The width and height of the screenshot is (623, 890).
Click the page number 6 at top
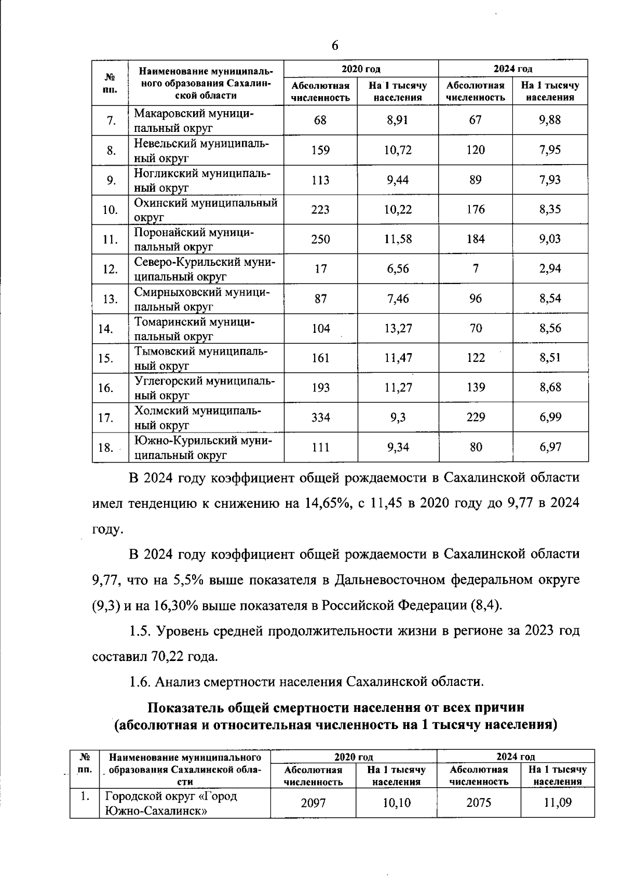click(x=335, y=46)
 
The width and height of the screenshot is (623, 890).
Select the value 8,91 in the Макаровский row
click(x=397, y=120)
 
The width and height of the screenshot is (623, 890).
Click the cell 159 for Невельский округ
click(x=320, y=150)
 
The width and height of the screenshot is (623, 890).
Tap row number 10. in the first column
click(x=110, y=210)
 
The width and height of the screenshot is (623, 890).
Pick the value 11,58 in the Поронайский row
click(x=397, y=239)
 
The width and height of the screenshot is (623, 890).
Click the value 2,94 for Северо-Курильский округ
click(x=550, y=269)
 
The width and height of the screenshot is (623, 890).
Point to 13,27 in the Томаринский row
click(x=397, y=328)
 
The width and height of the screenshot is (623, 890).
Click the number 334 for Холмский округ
click(x=320, y=417)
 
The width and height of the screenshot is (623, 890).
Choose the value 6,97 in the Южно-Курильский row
click(x=550, y=447)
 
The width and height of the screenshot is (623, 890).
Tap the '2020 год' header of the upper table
click(x=361, y=69)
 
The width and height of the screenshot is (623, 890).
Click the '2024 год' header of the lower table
click(x=515, y=757)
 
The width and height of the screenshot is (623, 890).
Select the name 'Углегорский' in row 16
click(x=169, y=382)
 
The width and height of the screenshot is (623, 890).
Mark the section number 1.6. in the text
click(x=140, y=681)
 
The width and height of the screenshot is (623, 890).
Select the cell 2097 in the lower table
click(x=313, y=803)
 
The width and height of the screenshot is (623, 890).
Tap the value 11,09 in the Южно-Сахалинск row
click(x=557, y=803)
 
